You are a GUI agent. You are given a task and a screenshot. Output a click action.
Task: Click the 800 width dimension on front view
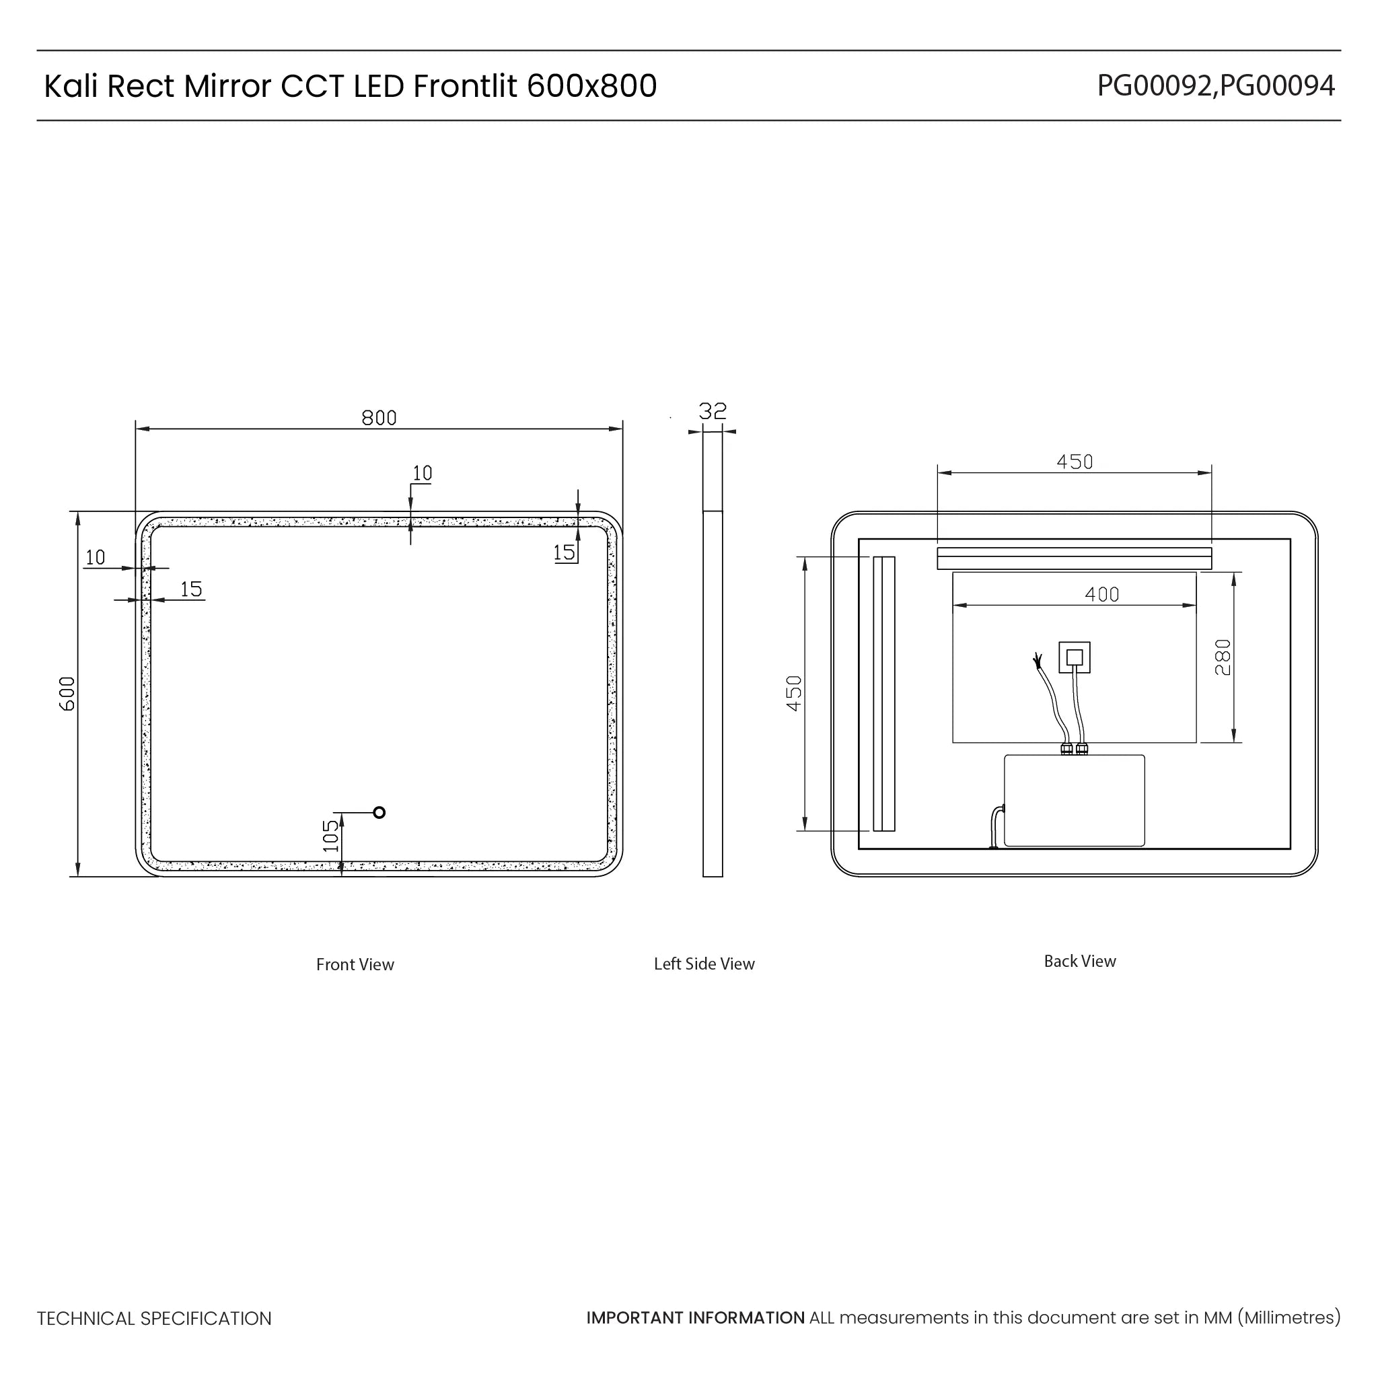(x=379, y=418)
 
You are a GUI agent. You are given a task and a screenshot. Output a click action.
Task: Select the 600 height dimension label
(x=67, y=693)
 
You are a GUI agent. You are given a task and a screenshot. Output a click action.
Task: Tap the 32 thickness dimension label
(x=712, y=412)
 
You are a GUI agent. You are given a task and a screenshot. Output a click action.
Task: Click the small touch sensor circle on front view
(x=379, y=812)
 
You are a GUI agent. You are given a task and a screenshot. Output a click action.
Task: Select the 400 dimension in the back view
(x=1101, y=594)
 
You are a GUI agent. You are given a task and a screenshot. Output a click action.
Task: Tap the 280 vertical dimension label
(x=1223, y=657)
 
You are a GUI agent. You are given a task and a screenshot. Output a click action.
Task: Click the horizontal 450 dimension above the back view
(x=1074, y=462)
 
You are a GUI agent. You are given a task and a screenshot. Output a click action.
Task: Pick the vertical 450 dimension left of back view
(x=794, y=693)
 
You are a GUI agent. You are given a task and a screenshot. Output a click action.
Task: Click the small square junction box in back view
(x=1074, y=657)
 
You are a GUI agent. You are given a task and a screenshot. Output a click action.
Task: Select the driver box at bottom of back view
(x=1074, y=801)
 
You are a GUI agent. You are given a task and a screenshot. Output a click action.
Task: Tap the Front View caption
(x=355, y=964)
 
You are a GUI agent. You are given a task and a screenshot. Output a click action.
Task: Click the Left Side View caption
(x=704, y=964)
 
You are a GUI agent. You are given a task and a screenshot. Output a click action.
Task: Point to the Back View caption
(x=1079, y=961)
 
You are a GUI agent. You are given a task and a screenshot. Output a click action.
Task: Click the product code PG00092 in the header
(x=1153, y=86)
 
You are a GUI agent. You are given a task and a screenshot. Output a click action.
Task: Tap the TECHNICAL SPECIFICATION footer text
(x=154, y=1319)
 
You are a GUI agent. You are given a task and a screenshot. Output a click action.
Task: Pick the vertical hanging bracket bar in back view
(x=883, y=693)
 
